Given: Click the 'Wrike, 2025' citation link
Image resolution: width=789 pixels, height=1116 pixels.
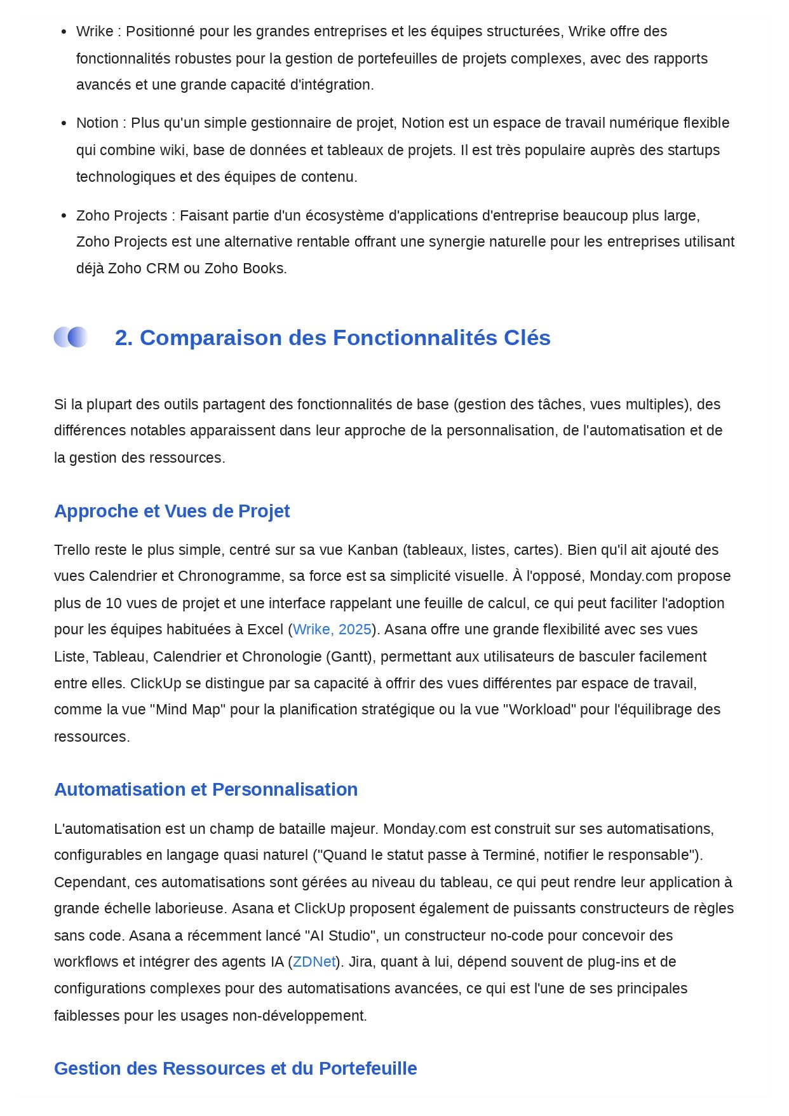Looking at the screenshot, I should tap(332, 629).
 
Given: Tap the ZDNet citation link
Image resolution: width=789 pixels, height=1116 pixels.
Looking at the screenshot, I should tap(314, 962).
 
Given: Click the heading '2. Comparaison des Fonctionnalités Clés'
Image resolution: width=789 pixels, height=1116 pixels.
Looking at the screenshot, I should tap(332, 337).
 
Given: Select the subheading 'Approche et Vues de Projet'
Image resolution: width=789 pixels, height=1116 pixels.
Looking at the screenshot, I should tap(172, 511).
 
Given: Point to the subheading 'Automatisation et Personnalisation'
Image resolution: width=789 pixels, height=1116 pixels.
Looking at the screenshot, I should tap(206, 789).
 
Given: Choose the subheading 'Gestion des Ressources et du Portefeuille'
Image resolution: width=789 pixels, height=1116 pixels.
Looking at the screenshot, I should tap(235, 1068).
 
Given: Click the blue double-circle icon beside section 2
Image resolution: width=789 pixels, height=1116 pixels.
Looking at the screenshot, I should tap(71, 337).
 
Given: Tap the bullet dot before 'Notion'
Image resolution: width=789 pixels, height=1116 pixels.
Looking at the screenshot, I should tap(64, 123).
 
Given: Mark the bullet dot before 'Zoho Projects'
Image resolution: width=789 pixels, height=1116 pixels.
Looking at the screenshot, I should tap(64, 216).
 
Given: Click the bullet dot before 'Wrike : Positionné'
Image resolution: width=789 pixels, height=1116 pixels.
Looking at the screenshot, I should tap(64, 32).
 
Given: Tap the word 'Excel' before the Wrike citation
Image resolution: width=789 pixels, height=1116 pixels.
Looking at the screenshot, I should tap(265, 629).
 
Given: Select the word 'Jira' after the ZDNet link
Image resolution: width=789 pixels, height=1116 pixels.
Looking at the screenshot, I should tap(363, 962).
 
